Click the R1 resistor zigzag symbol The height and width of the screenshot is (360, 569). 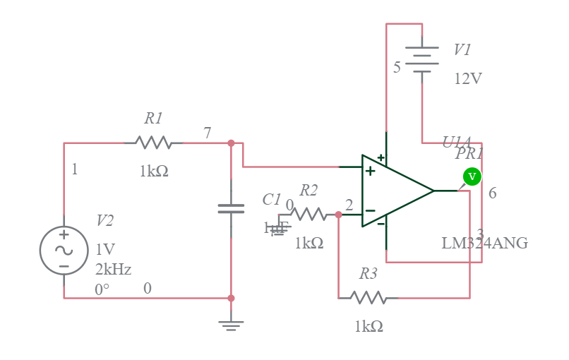154,143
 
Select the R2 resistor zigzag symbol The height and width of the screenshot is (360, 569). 308,214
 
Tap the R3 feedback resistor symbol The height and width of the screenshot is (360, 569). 369,298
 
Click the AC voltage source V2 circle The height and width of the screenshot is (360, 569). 64,251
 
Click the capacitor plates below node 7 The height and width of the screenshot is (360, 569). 231,208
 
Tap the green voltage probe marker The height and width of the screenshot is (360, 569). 472,176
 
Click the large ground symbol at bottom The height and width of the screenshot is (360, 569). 231,324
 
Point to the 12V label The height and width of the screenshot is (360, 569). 468,78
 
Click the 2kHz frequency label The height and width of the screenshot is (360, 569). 113,269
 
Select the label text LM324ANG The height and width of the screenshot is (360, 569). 484,244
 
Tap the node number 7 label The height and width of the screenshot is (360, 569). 207,133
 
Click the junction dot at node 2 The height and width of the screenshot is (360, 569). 339,215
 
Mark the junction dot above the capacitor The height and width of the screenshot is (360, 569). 231,143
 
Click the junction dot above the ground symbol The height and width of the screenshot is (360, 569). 231,298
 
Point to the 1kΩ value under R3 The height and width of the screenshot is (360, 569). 369,326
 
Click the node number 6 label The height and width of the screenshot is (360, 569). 492,193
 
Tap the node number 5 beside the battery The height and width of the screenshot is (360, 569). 397,67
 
